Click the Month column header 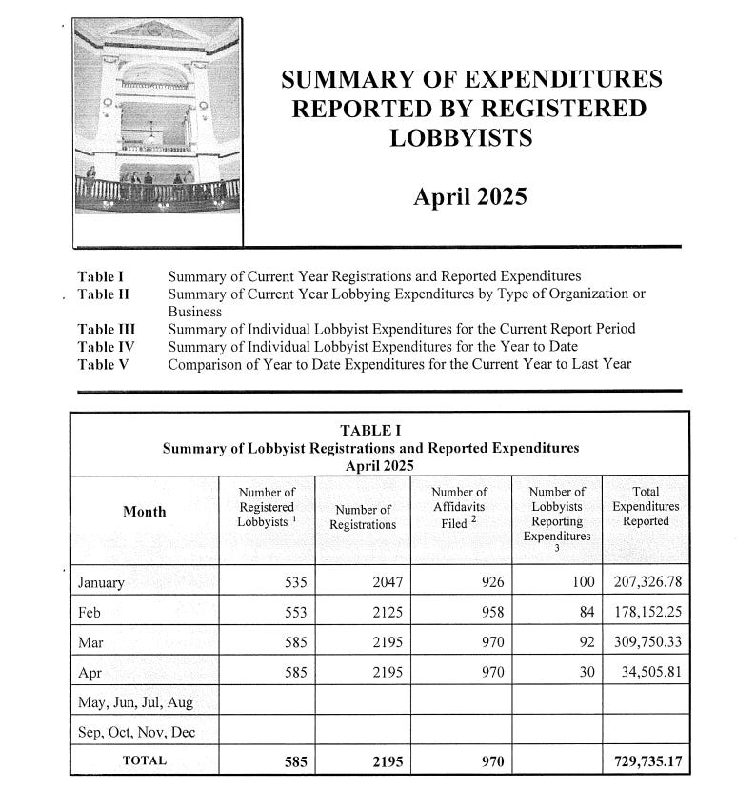[145, 512]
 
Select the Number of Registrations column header [363, 517]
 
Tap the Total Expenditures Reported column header [646, 506]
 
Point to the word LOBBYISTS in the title [461, 138]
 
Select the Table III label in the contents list [107, 329]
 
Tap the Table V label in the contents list [104, 363]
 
